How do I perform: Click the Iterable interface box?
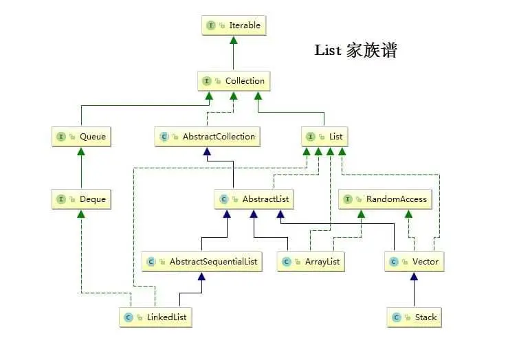coord(233,25)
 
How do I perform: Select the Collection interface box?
coord(233,81)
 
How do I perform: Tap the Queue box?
coord(81,137)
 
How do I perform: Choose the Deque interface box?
coord(81,200)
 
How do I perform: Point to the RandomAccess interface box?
coord(386,200)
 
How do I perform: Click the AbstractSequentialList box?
coord(201,262)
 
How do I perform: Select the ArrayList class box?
coord(310,262)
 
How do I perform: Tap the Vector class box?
coord(414,262)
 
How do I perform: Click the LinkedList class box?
coord(155,317)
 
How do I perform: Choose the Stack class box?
coord(414,317)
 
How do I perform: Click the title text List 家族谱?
coord(355,50)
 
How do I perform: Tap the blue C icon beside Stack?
coord(395,318)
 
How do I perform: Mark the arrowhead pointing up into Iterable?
coord(233,41)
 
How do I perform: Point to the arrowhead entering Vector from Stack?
coord(414,276)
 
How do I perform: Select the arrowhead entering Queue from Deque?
coord(81,150)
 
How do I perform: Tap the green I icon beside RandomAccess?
coord(348,200)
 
